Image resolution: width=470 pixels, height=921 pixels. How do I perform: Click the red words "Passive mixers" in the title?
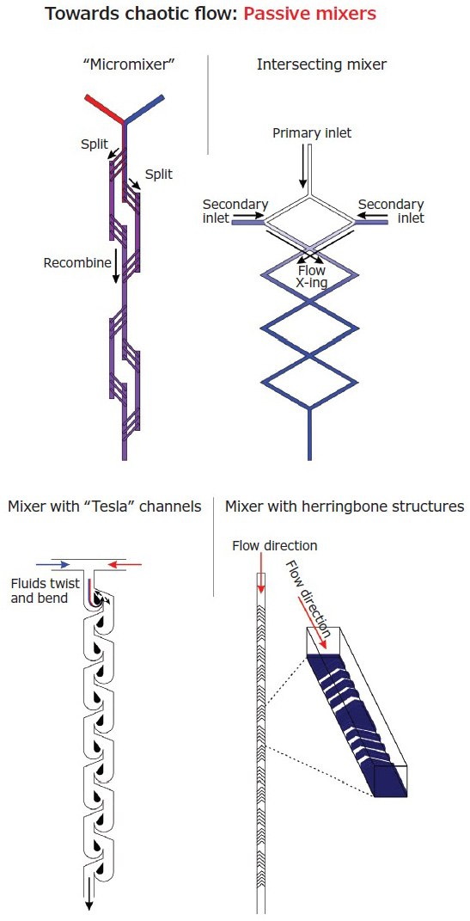(x=310, y=15)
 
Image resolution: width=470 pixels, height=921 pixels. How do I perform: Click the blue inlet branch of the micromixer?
(x=145, y=107)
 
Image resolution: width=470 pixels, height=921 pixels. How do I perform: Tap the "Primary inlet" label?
(x=312, y=133)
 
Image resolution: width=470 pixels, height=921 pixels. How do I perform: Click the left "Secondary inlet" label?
(x=235, y=211)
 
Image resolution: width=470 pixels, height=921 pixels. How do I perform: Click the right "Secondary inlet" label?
(x=391, y=211)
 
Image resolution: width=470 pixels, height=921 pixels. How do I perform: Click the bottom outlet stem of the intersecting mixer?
(x=309, y=434)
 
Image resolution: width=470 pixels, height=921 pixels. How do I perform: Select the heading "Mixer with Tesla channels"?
(x=104, y=507)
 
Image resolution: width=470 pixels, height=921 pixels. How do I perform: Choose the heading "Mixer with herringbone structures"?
(x=344, y=507)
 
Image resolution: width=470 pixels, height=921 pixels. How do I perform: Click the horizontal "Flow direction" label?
(x=274, y=546)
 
